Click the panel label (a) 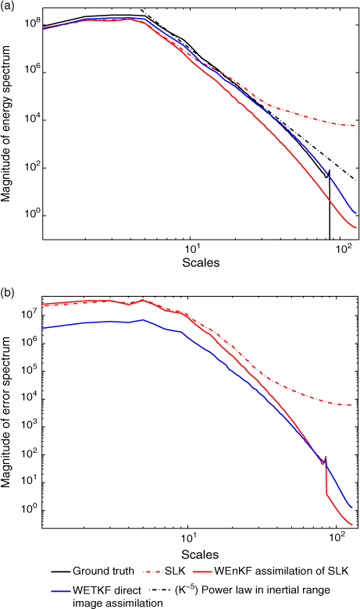tap(7, 6)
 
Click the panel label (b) tap(7, 292)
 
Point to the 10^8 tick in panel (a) tap(32, 23)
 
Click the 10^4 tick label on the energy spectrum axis tap(32, 119)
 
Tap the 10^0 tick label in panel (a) tap(32, 214)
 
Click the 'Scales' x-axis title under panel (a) tap(201, 263)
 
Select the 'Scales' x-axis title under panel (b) tap(200, 554)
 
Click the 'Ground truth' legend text tap(103, 571)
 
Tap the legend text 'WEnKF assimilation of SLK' tap(281, 571)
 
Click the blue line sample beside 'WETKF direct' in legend tap(60, 591)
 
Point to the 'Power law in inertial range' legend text tap(266, 590)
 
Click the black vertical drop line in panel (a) tap(330, 205)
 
